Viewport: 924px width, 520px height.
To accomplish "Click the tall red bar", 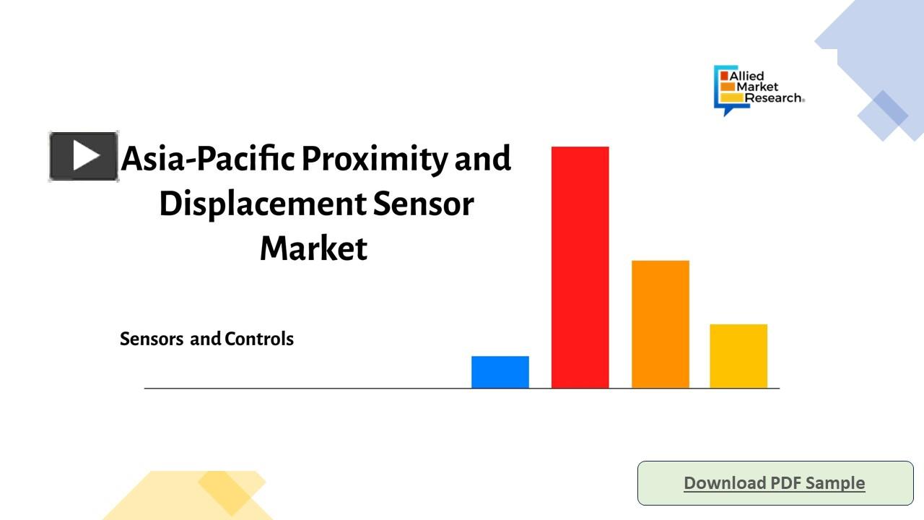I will click(x=580, y=267).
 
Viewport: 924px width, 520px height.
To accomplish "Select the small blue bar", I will click(x=500, y=372).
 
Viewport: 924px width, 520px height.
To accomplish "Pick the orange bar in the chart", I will click(x=660, y=324).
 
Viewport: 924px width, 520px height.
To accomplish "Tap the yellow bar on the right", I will click(x=738, y=356).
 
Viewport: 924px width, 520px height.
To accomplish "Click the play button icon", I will click(x=84, y=156).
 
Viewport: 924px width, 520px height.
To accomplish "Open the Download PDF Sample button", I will click(x=775, y=483).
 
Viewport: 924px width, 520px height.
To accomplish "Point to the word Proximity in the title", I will click(x=375, y=159).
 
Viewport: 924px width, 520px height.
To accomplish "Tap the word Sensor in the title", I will click(x=423, y=204).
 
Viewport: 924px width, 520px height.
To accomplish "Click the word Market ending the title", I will click(x=313, y=248).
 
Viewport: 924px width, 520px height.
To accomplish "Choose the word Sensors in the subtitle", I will click(x=152, y=339).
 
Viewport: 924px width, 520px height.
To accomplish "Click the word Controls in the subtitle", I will click(x=259, y=339).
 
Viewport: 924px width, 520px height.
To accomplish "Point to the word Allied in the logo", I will click(x=746, y=77).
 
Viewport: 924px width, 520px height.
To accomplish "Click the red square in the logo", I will click(x=724, y=76).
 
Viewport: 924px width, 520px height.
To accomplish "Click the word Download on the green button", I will click(x=725, y=482).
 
